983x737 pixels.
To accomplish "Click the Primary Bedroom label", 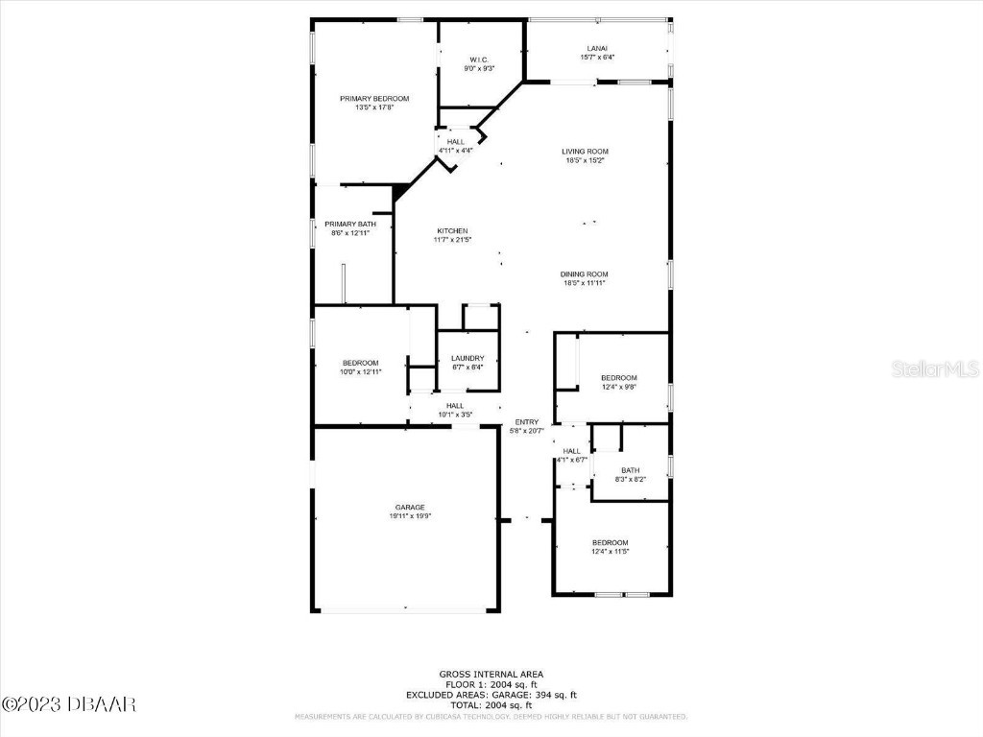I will (374, 99).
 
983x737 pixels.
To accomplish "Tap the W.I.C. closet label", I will (479, 59).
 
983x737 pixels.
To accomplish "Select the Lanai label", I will (597, 48).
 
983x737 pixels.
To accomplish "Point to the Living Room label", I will (585, 152).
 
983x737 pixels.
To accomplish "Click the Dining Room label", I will (585, 274).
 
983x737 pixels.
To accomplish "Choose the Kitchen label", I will (452, 231).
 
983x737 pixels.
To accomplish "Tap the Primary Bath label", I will (343, 224).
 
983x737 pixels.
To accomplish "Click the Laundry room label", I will (468, 358).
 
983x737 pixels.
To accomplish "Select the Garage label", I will (410, 508).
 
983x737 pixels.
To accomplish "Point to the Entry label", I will (526, 422).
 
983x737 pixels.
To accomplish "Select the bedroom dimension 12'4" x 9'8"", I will (618, 387).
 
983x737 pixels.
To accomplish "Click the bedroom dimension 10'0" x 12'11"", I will (361, 372).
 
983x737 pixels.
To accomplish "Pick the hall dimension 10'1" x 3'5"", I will (455, 415).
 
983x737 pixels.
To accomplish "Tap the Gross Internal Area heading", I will (491, 674).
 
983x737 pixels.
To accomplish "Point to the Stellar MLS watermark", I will (934, 368).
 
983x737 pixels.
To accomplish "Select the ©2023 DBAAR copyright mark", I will (69, 704).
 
